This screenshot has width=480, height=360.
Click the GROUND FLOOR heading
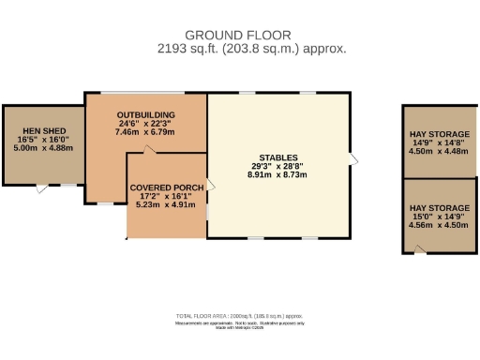[x=239, y=34]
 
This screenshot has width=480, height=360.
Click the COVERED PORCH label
[x=167, y=187]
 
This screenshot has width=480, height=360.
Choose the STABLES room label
[x=278, y=157]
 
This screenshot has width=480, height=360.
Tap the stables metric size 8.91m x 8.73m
[x=278, y=175]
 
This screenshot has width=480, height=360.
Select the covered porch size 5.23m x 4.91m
[x=167, y=204]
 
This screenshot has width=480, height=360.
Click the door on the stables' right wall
[x=352, y=157]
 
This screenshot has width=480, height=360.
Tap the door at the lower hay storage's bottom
[x=419, y=249]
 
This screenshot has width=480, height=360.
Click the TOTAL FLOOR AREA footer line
[x=239, y=317]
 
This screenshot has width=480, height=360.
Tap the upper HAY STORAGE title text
[x=439, y=135]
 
